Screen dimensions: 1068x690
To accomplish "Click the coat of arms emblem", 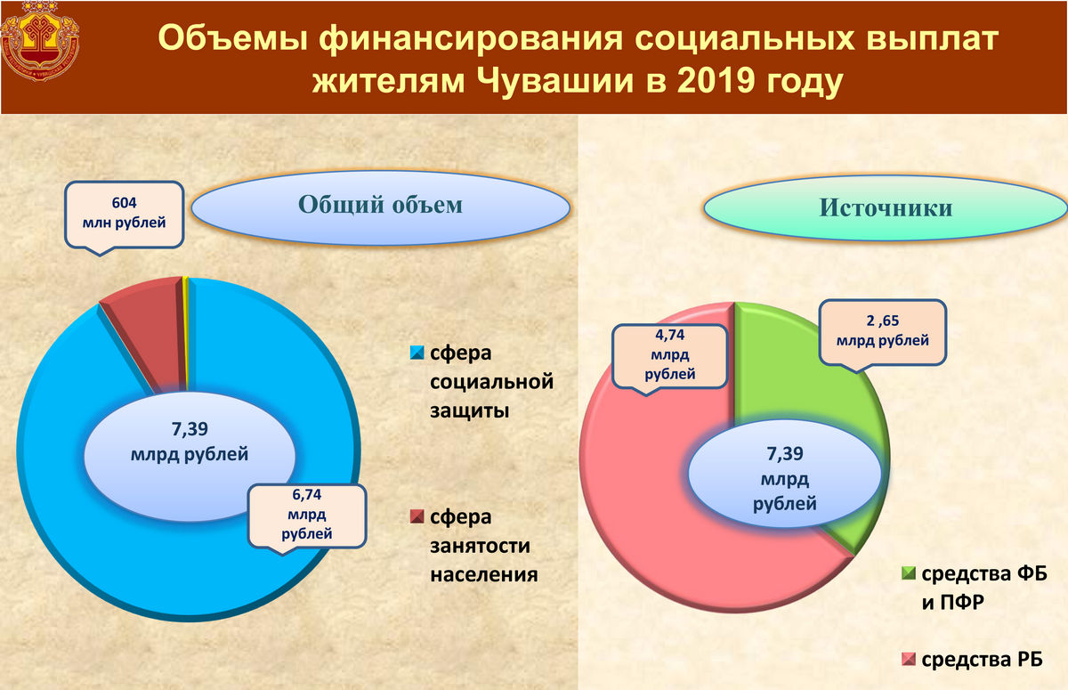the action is pos(40,40).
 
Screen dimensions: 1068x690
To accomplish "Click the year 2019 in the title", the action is pos(716,81).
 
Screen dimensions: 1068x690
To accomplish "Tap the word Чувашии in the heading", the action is pos(555,81).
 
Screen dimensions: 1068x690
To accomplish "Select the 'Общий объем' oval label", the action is pos(381,207).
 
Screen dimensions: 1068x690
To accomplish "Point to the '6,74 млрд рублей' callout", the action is pos(306,517).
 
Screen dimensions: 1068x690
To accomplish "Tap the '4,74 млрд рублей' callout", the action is pos(669,358).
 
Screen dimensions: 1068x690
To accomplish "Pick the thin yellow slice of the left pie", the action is pos(185,334).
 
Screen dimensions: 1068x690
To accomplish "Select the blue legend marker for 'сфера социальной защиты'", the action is pos(417,353).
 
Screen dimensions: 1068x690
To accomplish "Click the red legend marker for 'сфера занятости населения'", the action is pos(417,516).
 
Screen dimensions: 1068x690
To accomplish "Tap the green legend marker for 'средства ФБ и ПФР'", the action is pos(909,573).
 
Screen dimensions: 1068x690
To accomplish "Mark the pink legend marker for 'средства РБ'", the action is pos(909,660).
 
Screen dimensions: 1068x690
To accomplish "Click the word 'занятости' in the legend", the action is pos(480,546).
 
